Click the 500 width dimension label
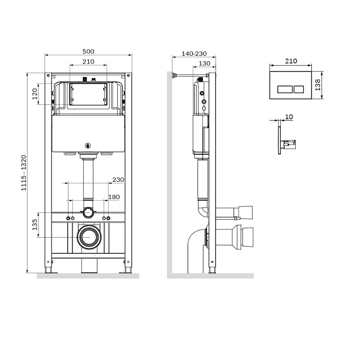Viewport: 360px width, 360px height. [88, 51]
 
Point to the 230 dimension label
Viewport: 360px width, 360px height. [118, 180]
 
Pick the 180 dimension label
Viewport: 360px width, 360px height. [114, 197]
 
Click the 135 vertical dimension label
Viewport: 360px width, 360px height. [35, 224]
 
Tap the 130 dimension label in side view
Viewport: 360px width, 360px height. [204, 63]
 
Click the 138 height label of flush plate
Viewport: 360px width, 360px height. [318, 85]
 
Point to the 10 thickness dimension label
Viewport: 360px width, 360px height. [289, 117]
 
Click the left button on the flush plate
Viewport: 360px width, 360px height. [285, 89]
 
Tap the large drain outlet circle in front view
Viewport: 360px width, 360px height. [89, 236]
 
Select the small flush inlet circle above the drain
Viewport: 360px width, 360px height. [89, 212]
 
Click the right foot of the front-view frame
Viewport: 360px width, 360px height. [127, 270]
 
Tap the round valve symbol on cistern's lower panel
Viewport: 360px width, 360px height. [88, 145]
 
